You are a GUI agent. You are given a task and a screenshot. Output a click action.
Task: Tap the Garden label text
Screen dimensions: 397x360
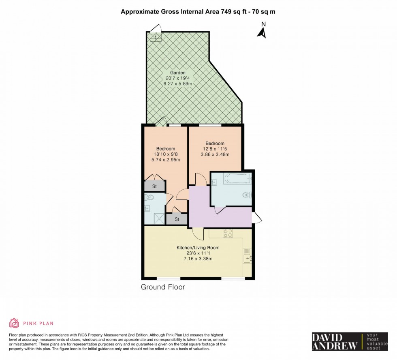click(x=177, y=73)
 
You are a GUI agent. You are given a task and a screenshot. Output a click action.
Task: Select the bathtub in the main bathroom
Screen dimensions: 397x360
click(x=237, y=179)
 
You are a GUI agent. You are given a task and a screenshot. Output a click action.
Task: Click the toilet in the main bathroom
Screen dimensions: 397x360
click(x=247, y=195)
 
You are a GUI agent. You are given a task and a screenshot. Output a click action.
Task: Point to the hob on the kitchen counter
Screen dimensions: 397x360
click(x=228, y=234)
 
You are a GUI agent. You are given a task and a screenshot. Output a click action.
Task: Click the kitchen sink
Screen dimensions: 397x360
click(x=248, y=258)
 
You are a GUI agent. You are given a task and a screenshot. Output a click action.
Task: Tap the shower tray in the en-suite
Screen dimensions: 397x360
click(x=160, y=219)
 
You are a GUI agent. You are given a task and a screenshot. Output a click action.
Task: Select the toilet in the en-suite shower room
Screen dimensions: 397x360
click(x=149, y=197)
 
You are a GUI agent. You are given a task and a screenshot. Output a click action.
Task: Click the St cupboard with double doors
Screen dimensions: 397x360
click(x=154, y=186)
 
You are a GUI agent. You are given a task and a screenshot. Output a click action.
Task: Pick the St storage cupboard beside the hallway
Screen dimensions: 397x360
click(x=177, y=219)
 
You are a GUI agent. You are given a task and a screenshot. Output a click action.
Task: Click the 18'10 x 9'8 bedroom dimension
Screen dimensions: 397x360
click(x=166, y=154)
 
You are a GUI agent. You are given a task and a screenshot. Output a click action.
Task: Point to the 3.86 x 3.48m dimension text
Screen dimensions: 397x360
click(x=215, y=154)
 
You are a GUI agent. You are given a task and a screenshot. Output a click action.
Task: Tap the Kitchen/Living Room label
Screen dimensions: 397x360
click(x=198, y=248)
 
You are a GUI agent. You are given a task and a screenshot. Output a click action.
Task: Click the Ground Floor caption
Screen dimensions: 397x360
click(x=163, y=287)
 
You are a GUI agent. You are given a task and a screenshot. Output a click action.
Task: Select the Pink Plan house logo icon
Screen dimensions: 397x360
click(x=14, y=323)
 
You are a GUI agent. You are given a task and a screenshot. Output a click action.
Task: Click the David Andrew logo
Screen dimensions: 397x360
click(x=350, y=341)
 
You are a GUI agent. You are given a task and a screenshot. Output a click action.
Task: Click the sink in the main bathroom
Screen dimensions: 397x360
click(x=214, y=182)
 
